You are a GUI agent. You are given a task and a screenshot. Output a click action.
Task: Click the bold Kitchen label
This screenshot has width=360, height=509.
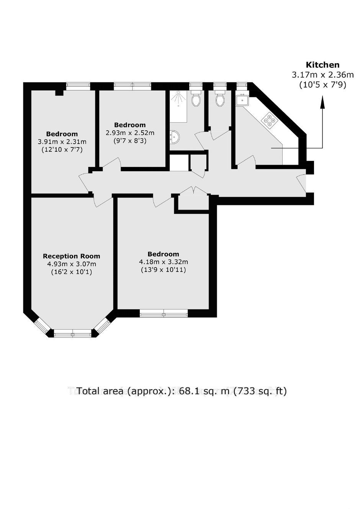[x=322, y=65]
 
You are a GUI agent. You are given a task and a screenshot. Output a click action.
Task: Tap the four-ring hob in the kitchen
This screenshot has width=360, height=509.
[x=269, y=120]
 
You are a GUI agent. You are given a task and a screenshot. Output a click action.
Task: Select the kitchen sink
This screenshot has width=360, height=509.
[x=242, y=99]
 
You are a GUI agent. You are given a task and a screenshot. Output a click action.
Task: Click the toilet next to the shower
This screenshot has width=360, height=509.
[x=196, y=98]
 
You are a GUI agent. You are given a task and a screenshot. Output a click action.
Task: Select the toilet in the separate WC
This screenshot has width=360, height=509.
[x=220, y=98]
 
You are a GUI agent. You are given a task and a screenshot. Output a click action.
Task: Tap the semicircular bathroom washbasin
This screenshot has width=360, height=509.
[x=175, y=137]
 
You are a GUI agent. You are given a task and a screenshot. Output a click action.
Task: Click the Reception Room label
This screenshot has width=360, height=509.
[x=72, y=256]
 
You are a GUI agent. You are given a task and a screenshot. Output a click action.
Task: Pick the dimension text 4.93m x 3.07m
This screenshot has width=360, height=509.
[x=72, y=264]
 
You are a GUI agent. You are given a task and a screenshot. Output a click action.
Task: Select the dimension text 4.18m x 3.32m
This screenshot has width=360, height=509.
[x=164, y=262]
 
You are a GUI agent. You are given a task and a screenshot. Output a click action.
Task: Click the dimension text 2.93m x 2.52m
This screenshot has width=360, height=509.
[x=130, y=133]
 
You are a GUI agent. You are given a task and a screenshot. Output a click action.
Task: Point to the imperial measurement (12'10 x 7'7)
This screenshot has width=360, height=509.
[x=62, y=150]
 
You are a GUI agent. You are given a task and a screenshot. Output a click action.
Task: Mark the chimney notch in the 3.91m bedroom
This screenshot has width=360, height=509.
[x=59, y=93]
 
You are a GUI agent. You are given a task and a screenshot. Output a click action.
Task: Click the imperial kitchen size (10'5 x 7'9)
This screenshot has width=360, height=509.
[x=322, y=85]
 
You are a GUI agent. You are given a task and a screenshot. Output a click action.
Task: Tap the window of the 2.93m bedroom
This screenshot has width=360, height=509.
[x=132, y=86]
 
